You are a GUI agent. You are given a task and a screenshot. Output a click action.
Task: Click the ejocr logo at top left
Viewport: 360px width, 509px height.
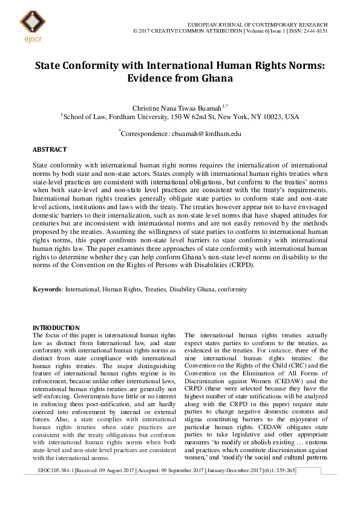(32, 24)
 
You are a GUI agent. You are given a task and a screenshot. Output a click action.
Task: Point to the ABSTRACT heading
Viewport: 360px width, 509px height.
(50, 149)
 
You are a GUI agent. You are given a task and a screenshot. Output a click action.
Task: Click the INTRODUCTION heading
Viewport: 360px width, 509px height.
(56, 327)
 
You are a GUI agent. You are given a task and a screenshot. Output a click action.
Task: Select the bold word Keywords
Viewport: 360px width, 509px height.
(47, 290)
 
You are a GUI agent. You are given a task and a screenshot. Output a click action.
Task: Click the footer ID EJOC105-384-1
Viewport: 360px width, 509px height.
(56, 470)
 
